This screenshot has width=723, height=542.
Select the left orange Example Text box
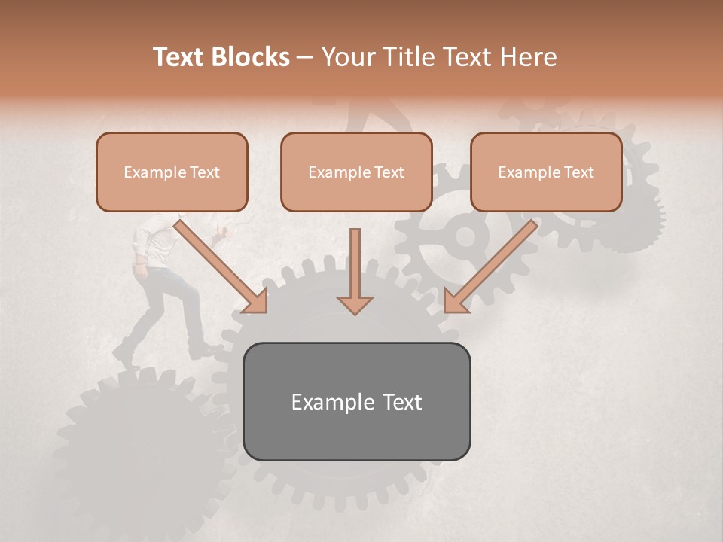click(x=172, y=172)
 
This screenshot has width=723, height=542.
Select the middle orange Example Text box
click(x=356, y=172)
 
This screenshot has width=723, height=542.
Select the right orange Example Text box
click(x=546, y=172)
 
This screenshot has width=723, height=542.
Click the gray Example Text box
click(x=356, y=401)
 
